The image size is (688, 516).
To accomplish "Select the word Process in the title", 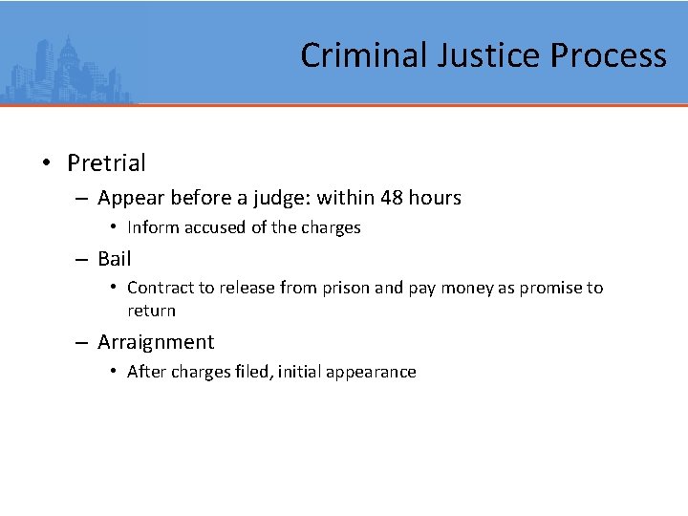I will point(608,55).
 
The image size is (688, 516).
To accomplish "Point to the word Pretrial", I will point(106,163).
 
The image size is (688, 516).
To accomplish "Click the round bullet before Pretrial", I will point(46,163).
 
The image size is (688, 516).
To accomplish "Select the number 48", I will point(391,198).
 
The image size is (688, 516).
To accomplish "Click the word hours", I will point(435,198).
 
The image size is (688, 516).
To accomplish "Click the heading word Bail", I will point(114,258).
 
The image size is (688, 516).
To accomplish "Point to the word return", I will point(151,311).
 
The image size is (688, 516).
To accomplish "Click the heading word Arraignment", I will point(156,342).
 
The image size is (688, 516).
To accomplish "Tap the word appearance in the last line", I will point(371,373).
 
